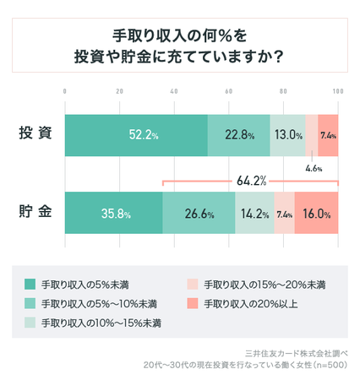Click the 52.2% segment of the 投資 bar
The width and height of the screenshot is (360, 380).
[136, 135]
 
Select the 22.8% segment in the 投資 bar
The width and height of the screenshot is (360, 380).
[239, 135]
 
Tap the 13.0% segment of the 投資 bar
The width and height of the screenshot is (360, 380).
[288, 135]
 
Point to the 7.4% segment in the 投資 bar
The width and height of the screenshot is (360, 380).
[329, 135]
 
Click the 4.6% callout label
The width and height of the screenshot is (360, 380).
[314, 168]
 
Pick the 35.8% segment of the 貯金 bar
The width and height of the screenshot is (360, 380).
[114, 214]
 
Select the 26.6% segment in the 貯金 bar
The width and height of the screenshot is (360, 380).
[199, 214]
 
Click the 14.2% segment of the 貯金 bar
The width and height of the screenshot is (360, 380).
[254, 214]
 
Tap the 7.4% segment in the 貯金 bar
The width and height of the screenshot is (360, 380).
[284, 214]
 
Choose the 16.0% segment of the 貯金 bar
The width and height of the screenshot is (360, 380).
[316, 214]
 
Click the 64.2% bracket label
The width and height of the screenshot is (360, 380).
[251, 181]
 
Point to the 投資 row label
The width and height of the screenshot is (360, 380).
[35, 135]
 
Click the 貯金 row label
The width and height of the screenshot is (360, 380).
[35, 214]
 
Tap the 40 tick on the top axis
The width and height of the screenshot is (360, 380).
[174, 90]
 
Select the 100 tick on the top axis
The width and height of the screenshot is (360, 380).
[337, 90]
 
